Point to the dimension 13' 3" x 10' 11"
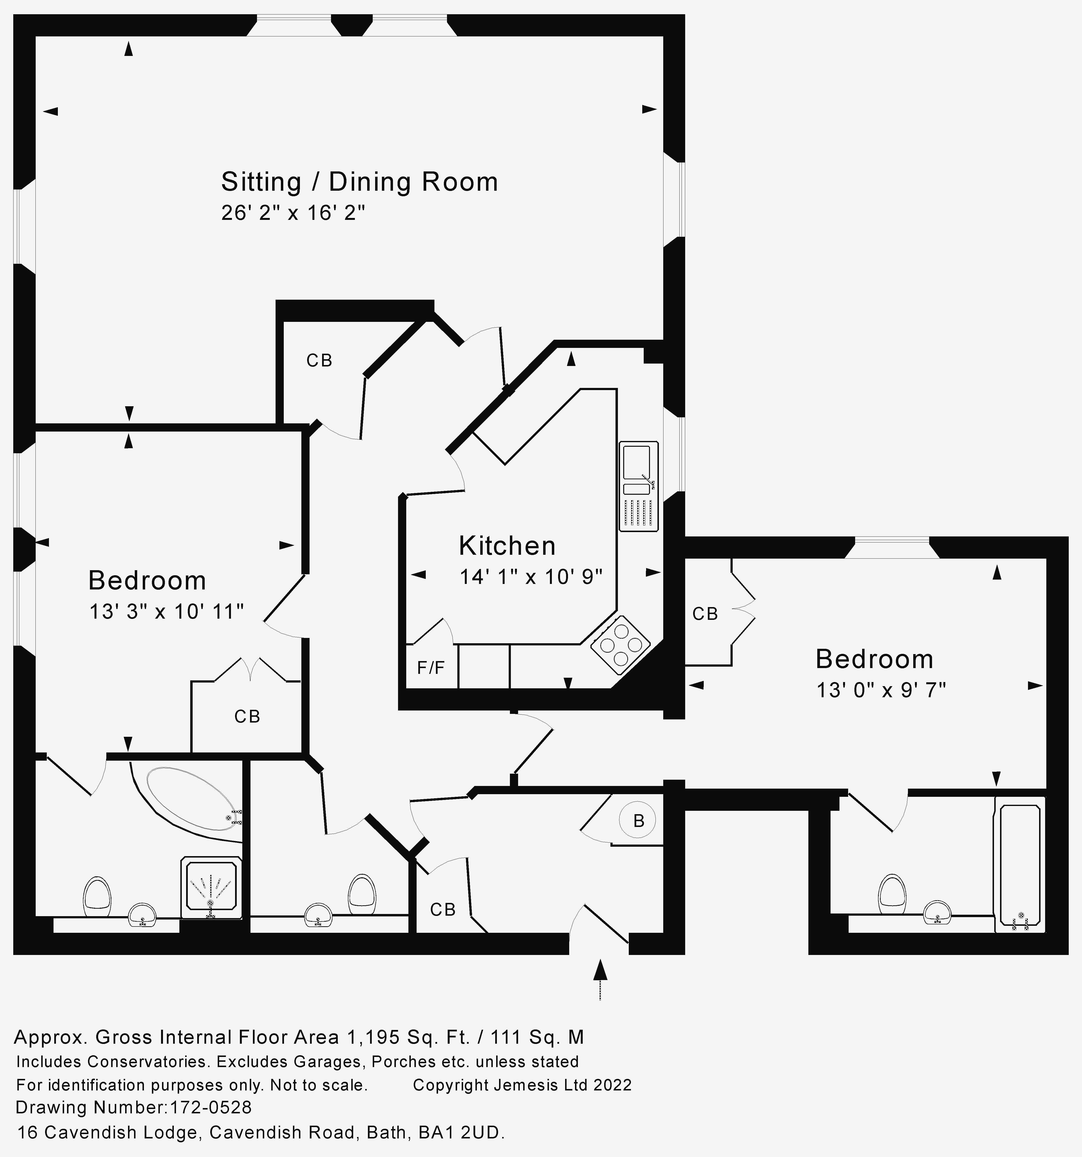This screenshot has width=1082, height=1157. pyautogui.click(x=166, y=612)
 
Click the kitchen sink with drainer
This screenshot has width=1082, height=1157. pyautogui.click(x=638, y=487)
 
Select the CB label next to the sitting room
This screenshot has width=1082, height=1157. pyautogui.click(x=319, y=361)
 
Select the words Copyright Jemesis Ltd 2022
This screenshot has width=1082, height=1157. pyautogui.click(x=522, y=1085)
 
